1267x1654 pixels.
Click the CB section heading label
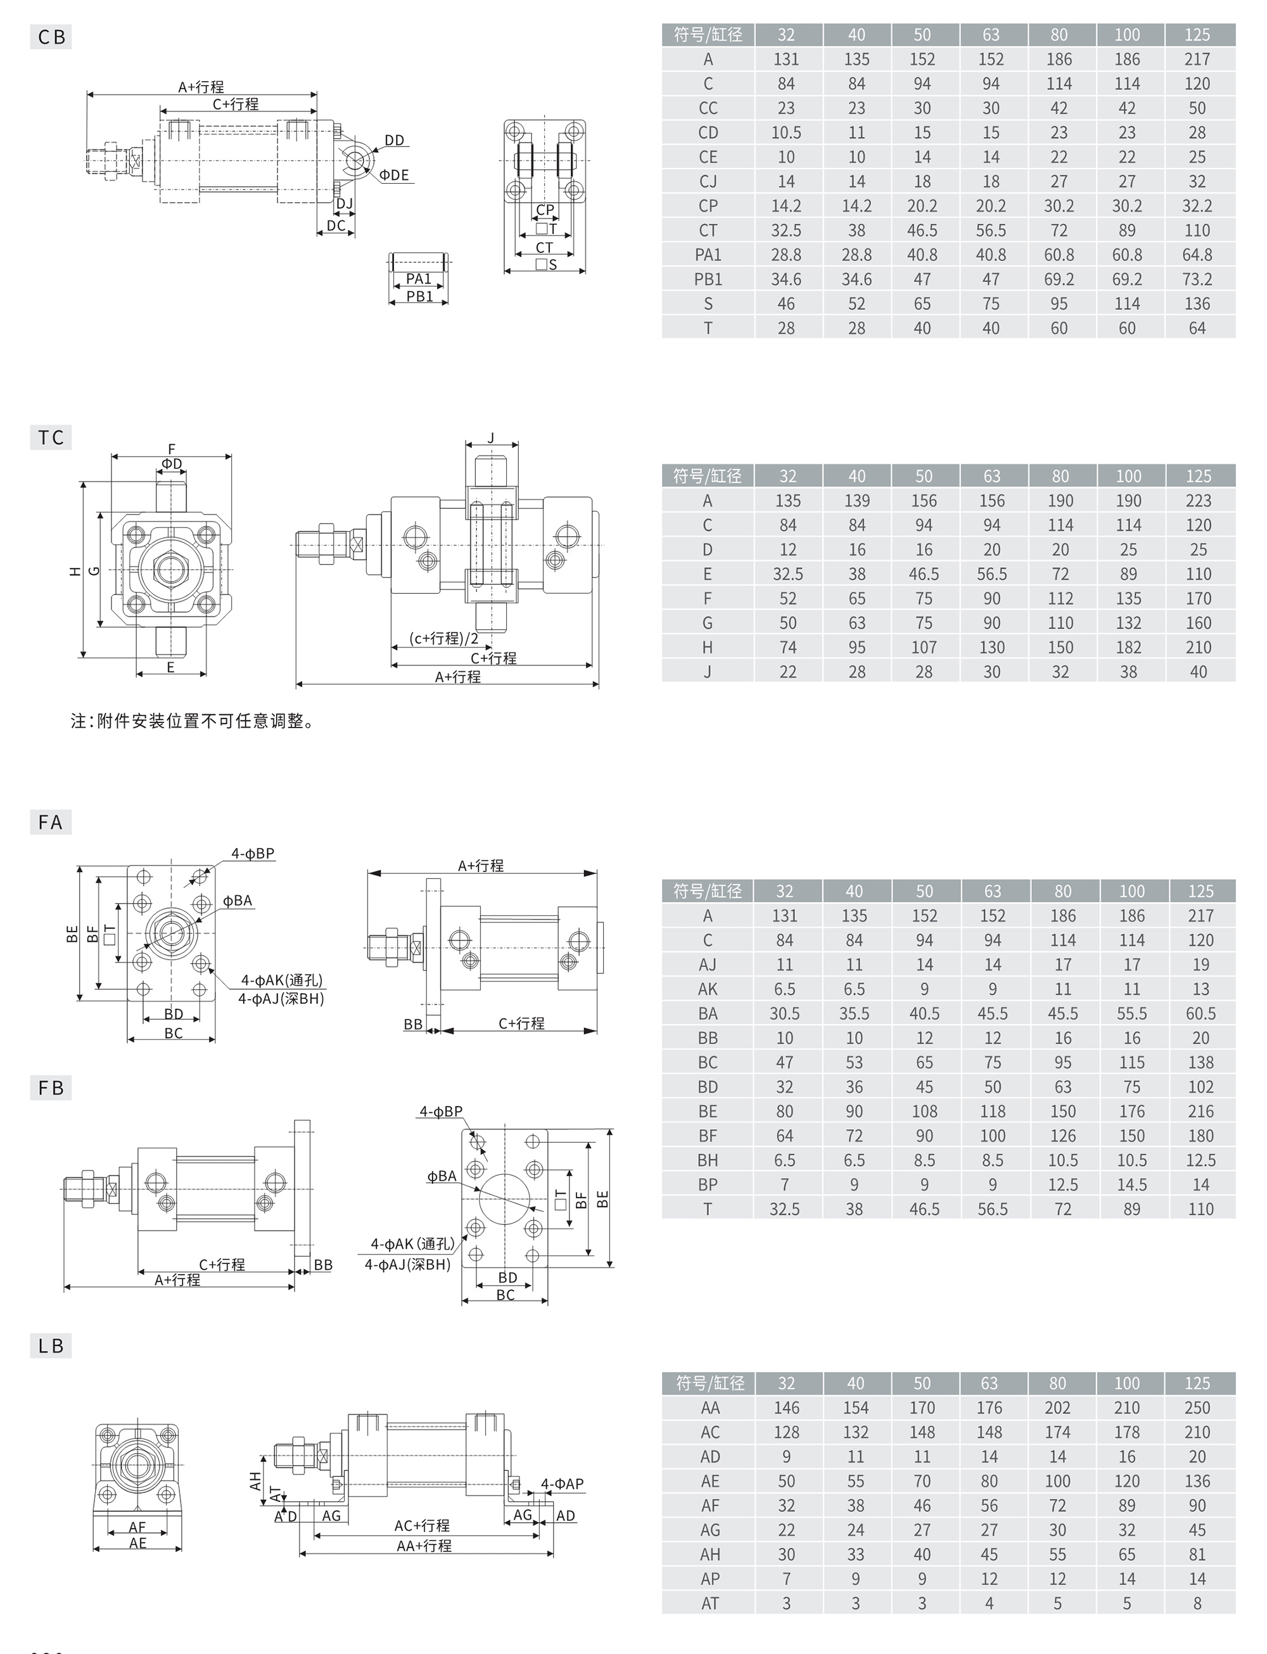click(51, 37)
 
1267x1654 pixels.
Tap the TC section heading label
click(51, 437)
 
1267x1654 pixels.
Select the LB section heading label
click(51, 1345)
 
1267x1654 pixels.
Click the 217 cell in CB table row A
click(1197, 60)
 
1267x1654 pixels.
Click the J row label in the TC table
click(708, 672)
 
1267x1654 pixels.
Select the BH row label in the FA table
click(708, 1160)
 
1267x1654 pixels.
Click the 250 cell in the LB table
click(1197, 1408)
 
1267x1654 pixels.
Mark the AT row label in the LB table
click(710, 1603)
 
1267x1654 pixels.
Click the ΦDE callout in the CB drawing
click(393, 176)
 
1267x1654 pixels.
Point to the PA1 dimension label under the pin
click(419, 279)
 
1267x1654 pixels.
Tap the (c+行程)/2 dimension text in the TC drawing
click(444, 638)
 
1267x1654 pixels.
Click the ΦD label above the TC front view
click(172, 464)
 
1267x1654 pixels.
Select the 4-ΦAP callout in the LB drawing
click(562, 1484)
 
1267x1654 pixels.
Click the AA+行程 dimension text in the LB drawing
click(424, 1546)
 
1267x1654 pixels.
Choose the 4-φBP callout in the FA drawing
click(253, 854)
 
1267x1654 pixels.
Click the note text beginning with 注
click(193, 721)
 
